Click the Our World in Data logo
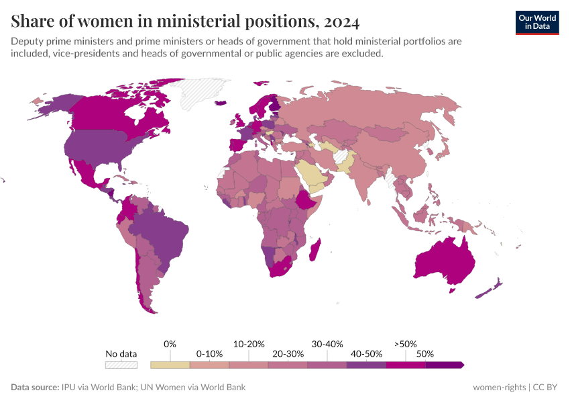pyautogui.click(x=536, y=22)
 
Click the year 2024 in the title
pyautogui.click(x=341, y=21)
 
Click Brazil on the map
pyautogui.click(x=161, y=232)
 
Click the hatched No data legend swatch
pyautogui.click(x=121, y=365)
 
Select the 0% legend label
pyautogui.click(x=170, y=344)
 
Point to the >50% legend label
pyautogui.click(x=406, y=344)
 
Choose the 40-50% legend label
pyautogui.click(x=366, y=353)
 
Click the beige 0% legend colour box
pyautogui.click(x=170, y=365)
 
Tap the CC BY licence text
pyautogui.click(x=547, y=387)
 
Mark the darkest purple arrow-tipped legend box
pyautogui.click(x=445, y=365)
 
